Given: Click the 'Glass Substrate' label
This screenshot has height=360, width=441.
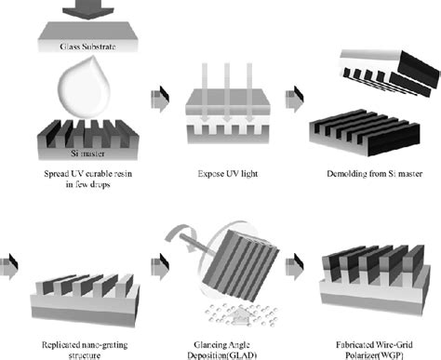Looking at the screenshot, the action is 87,47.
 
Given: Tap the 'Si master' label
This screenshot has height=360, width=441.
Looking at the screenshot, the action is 87,153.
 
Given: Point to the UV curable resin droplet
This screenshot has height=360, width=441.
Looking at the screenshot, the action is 85,87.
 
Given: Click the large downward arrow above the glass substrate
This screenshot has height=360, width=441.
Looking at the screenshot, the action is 88,9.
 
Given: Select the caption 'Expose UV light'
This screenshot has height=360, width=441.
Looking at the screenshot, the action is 228,174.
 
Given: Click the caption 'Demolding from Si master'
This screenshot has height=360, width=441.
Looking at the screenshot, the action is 375,174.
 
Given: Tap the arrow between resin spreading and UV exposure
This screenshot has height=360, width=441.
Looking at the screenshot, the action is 160,100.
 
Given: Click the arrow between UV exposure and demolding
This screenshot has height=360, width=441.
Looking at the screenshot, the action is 294,100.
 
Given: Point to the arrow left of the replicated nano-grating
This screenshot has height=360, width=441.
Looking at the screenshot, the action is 8,267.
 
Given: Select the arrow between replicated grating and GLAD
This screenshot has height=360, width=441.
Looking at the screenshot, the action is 160,267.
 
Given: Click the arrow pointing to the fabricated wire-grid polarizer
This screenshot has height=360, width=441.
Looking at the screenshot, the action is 294,267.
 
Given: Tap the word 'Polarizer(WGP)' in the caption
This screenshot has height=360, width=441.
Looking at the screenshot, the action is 374,355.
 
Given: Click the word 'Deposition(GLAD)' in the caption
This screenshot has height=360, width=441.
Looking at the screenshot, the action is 222,355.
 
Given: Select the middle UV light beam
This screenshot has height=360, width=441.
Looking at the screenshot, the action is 227,92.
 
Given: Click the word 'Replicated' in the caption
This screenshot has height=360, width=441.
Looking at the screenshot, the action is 60,345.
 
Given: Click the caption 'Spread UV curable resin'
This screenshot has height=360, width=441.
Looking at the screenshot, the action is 88,174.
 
